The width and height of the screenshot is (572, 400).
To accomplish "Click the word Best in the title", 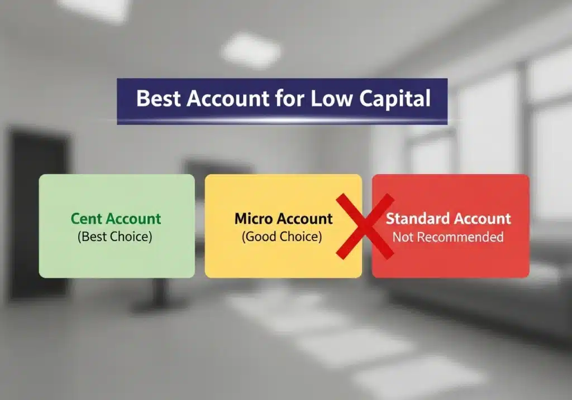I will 159,99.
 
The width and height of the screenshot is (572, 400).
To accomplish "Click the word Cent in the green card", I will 87,219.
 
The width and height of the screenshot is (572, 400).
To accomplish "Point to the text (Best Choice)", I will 115,236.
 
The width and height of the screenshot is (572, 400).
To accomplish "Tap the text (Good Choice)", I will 282,237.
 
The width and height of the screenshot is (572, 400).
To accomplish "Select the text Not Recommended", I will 447,237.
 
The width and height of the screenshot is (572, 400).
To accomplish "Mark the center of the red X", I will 365,226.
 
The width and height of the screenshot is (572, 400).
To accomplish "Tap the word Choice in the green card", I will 130,236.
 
